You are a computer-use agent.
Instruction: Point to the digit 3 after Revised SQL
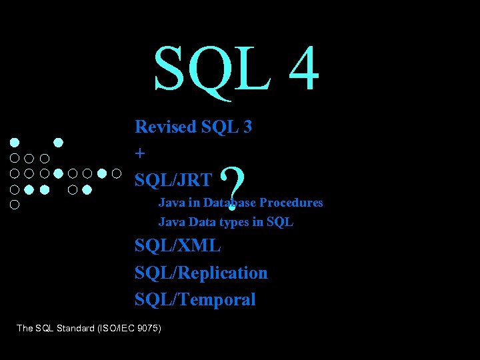pos(247,127)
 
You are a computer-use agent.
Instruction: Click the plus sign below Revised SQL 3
pos(139,153)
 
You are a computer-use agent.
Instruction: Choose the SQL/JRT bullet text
pos(173,179)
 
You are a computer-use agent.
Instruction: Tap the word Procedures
pos(291,202)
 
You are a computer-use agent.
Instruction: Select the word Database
pos(229,202)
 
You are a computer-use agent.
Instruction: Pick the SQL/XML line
pos(177,245)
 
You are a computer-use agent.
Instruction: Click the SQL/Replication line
pos(201,273)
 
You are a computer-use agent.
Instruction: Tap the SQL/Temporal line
pos(195,300)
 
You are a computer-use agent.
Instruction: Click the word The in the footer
pos(25,327)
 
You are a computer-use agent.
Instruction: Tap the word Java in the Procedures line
pos(169,202)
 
